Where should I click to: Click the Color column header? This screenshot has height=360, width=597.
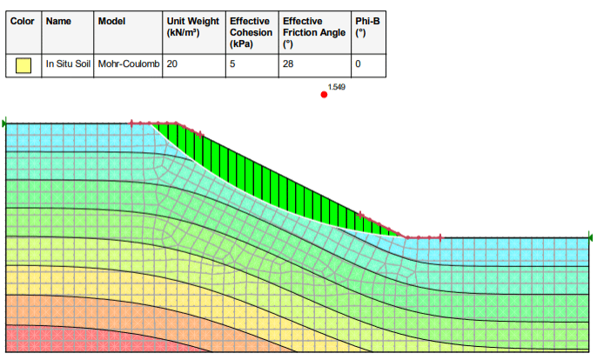(x=23, y=20)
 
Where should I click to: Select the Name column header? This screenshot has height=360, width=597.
(x=57, y=20)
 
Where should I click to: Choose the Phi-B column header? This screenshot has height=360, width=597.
(x=368, y=26)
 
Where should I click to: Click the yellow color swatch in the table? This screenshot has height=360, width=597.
(x=24, y=64)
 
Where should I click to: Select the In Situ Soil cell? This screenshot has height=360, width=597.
(x=68, y=64)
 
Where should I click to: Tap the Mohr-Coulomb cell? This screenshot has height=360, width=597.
(x=129, y=64)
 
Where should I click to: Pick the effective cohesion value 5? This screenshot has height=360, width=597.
(x=232, y=64)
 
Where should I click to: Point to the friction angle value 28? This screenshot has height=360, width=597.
(x=289, y=64)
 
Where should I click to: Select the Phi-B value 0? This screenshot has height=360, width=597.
(x=358, y=64)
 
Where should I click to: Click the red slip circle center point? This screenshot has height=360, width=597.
(x=324, y=94)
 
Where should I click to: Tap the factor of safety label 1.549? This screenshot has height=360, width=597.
(x=337, y=87)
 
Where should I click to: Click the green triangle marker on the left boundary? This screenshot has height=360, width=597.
(x=4, y=124)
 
